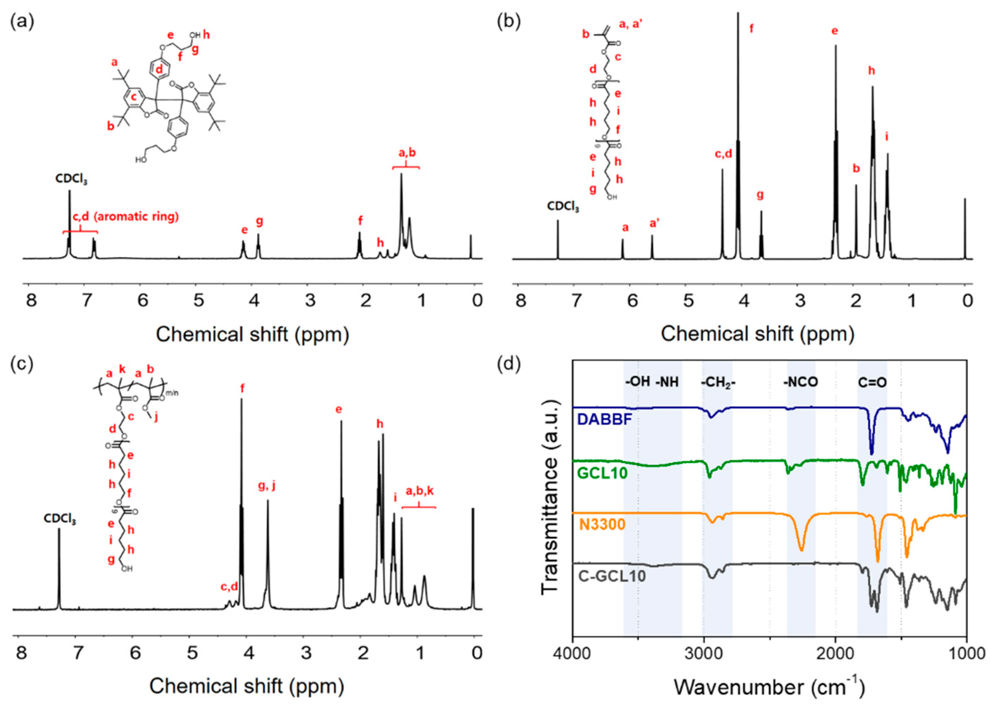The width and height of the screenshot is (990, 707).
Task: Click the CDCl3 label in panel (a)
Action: point(71,179)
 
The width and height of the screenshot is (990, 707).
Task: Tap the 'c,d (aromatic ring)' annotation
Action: point(126,216)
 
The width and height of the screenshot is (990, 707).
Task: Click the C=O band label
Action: point(872,382)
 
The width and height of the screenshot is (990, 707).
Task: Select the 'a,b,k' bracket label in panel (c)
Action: point(420,491)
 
